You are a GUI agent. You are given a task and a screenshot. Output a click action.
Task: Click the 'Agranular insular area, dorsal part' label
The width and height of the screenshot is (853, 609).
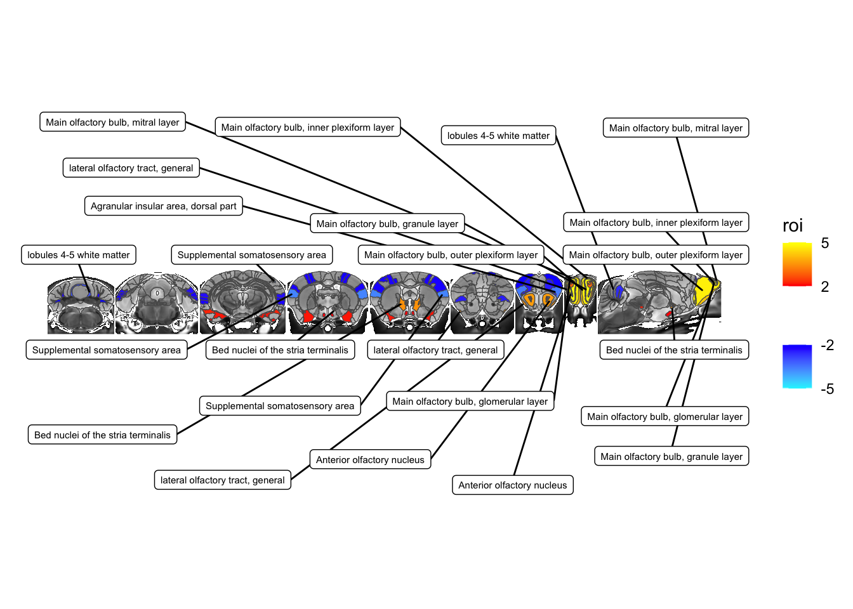click(x=163, y=206)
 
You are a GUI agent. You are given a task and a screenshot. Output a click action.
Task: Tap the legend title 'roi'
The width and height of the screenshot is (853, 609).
click(x=792, y=226)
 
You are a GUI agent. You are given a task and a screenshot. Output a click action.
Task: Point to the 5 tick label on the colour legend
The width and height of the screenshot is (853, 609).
click(x=824, y=243)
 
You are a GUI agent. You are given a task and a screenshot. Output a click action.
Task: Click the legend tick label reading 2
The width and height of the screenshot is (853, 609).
click(x=824, y=287)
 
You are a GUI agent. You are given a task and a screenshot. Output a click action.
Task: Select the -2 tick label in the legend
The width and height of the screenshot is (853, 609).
click(x=827, y=345)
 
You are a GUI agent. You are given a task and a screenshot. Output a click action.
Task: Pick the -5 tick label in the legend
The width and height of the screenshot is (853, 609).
click(x=827, y=389)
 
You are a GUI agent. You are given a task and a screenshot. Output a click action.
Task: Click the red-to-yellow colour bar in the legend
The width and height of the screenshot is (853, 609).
click(x=797, y=264)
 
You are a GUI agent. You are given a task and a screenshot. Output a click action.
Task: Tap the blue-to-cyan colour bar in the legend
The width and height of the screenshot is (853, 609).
click(x=797, y=367)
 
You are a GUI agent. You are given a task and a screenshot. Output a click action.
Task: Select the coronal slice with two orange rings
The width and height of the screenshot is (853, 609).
click(x=539, y=303)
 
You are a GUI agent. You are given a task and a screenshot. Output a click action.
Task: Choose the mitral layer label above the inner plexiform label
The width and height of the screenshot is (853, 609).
click(x=675, y=128)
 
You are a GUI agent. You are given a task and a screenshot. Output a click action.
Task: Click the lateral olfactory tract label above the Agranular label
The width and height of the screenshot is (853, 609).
click(x=131, y=168)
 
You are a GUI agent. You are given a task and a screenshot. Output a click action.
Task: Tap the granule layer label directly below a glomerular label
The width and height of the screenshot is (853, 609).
click(x=671, y=457)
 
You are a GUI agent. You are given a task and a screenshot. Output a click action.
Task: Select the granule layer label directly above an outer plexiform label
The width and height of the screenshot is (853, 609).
click(x=387, y=224)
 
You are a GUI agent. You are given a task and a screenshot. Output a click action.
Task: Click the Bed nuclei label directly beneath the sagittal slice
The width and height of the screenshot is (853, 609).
click(x=673, y=350)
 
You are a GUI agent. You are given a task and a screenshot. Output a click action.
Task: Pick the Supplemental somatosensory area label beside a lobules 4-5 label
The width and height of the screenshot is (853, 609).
click(x=251, y=255)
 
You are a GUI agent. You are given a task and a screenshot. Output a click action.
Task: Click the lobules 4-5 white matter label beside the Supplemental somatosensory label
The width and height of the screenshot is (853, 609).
click(x=79, y=255)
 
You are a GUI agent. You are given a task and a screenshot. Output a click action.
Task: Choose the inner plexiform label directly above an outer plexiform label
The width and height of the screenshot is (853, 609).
click(x=656, y=223)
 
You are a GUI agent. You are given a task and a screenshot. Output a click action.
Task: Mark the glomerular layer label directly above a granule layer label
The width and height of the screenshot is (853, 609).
click(x=665, y=417)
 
